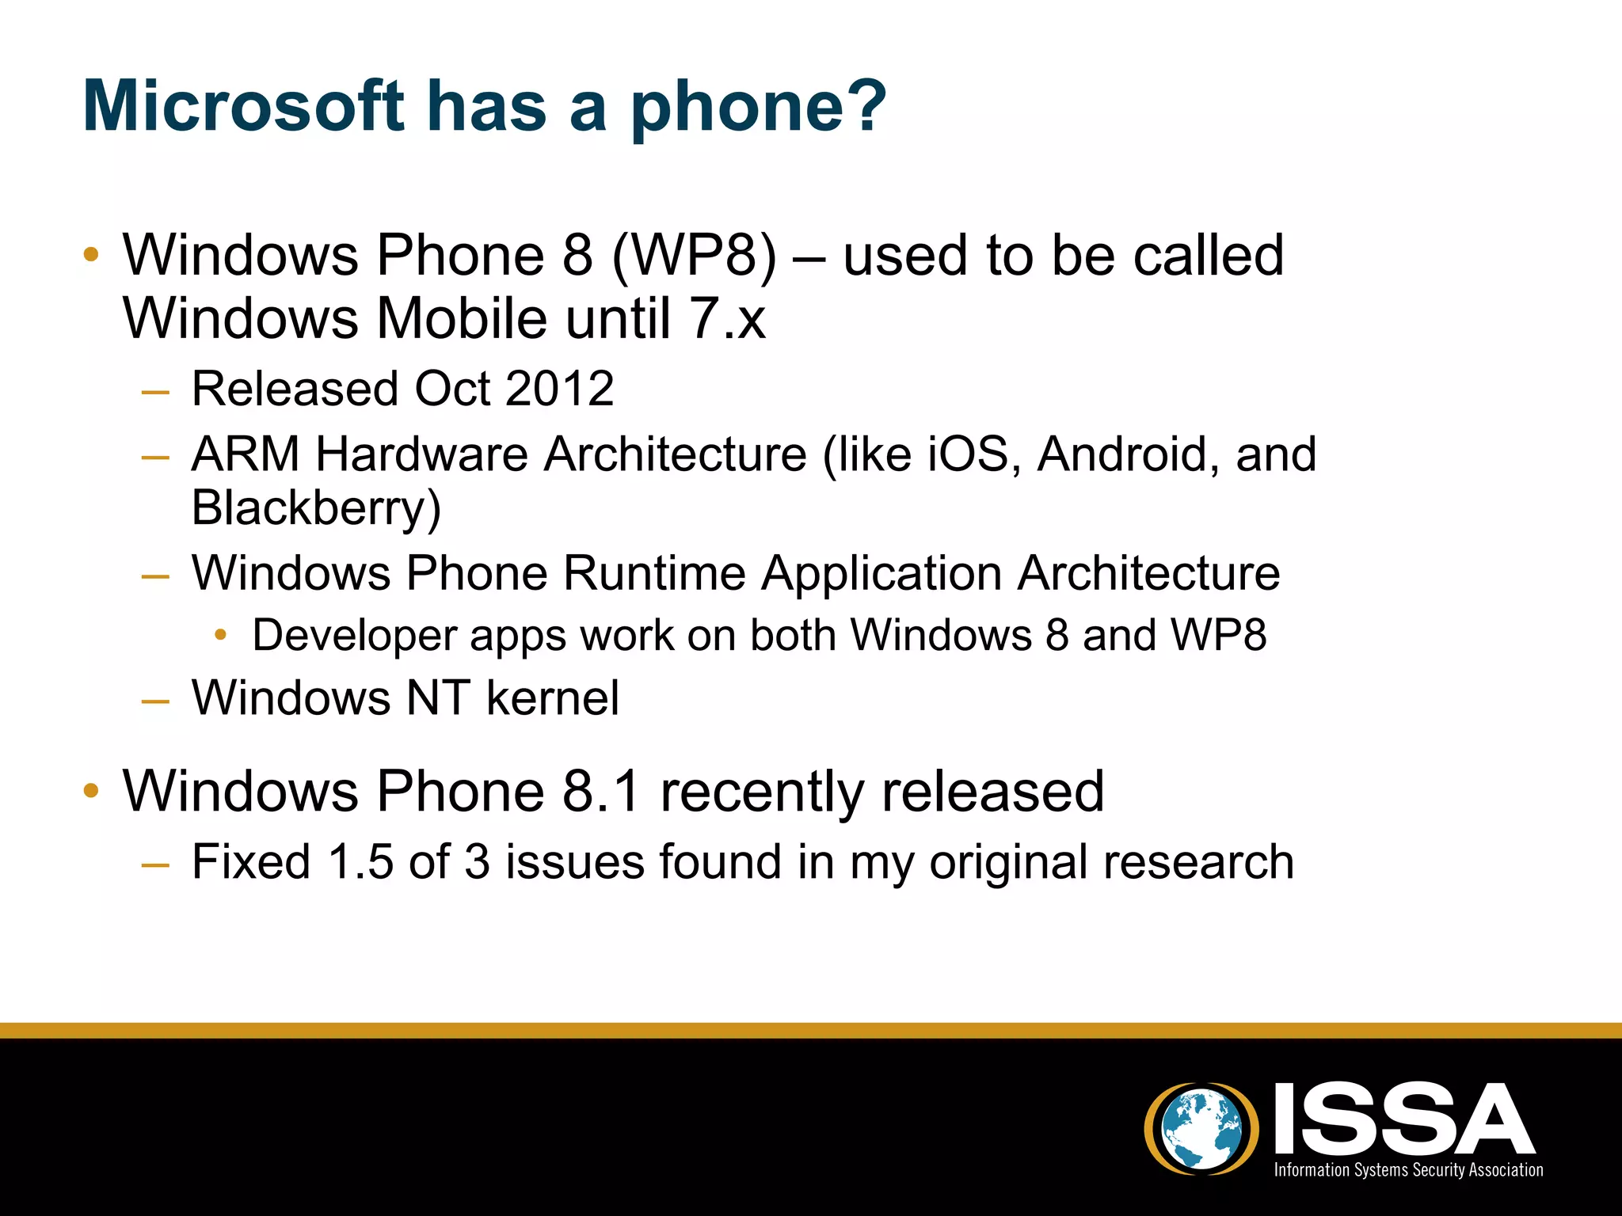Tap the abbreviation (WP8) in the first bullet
click(x=695, y=256)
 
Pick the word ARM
click(x=245, y=454)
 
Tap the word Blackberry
click(x=315, y=508)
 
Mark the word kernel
click(x=552, y=698)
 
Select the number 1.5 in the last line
click(x=360, y=862)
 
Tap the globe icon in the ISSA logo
click(x=1201, y=1127)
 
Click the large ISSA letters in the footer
click(x=1403, y=1118)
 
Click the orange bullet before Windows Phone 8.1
click(x=91, y=790)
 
